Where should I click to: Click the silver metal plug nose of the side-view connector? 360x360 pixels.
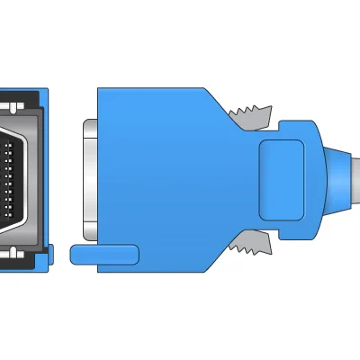coord(88,175)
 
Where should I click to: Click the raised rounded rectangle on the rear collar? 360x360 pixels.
coord(283,177)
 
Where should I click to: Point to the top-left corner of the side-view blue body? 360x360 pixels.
coord(102,91)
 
